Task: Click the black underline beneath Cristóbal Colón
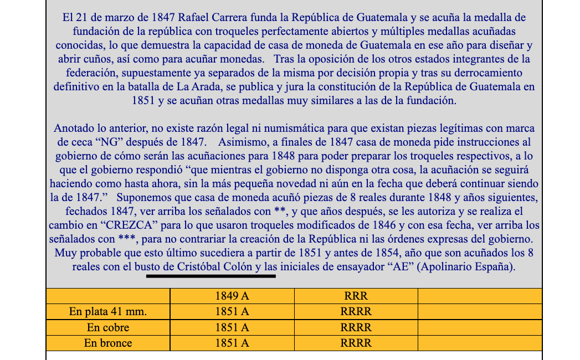[x=211, y=275]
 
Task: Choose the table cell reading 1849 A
[x=232, y=296]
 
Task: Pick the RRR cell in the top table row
[x=356, y=296]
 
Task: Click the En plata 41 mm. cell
[x=108, y=312]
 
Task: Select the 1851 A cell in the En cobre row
[x=232, y=327]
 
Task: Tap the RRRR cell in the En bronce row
[x=356, y=343]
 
